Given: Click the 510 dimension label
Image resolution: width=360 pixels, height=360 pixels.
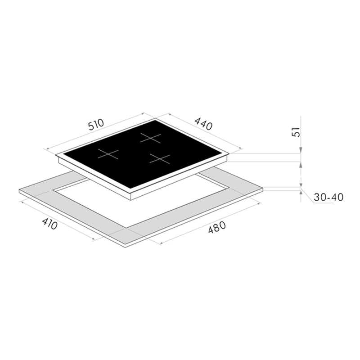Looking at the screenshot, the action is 96,125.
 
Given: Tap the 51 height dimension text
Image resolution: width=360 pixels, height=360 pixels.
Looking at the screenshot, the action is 296,132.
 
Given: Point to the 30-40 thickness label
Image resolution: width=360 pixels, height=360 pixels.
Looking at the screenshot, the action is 328,197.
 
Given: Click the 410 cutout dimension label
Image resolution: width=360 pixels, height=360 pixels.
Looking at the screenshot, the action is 49,224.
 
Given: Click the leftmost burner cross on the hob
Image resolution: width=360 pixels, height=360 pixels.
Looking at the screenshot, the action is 108,153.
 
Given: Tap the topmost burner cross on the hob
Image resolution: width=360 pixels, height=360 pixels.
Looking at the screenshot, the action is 151,138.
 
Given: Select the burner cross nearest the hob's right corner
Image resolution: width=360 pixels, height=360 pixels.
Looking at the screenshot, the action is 160,159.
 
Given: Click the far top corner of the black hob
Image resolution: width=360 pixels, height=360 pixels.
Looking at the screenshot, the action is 155,118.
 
